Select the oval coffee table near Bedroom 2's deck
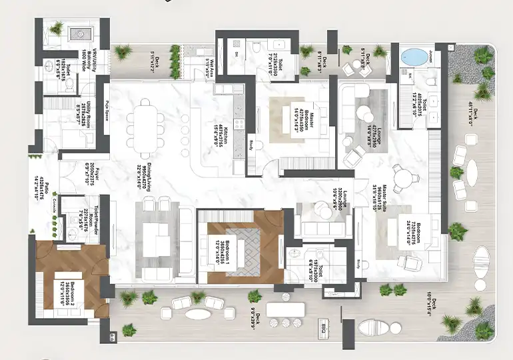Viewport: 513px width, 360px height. [195, 315]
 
